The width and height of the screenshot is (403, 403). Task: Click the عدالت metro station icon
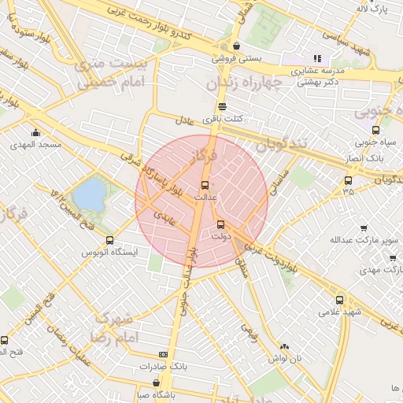(x=205, y=185)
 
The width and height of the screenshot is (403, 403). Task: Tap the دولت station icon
(x=220, y=224)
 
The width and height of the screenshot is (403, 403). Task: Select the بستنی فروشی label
(x=233, y=57)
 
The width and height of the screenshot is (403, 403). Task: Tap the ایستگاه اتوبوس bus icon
(x=109, y=240)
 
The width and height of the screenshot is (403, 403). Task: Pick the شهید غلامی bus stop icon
(x=339, y=300)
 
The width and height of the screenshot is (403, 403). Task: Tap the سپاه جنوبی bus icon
(x=375, y=131)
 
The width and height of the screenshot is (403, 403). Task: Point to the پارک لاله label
(x=373, y=9)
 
